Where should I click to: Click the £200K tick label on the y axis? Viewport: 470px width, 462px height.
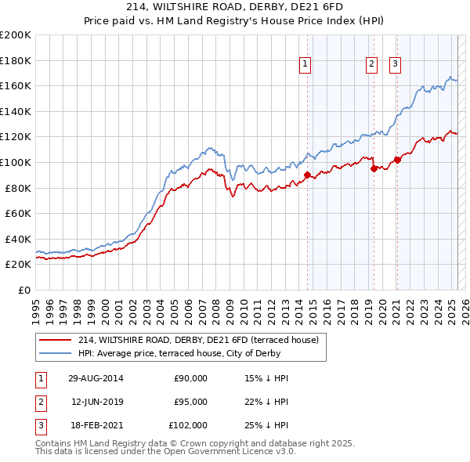(x=16, y=35)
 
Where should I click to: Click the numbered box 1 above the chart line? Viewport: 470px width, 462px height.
(x=304, y=65)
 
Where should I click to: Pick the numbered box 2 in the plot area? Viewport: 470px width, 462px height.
(x=371, y=65)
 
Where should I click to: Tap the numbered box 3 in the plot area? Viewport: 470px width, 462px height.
(x=396, y=65)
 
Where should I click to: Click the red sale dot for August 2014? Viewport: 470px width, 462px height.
(x=308, y=175)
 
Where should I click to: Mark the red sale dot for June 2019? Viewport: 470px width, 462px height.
(x=374, y=168)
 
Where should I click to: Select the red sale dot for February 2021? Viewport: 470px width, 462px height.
(x=397, y=160)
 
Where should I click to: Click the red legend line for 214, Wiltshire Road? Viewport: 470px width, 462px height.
(x=56, y=341)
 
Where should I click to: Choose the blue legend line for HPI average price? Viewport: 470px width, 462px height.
(x=56, y=353)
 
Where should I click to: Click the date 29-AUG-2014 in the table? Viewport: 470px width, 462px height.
(x=96, y=378)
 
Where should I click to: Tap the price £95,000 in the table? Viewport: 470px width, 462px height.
(x=190, y=402)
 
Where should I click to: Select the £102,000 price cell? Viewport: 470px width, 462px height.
(x=188, y=425)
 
